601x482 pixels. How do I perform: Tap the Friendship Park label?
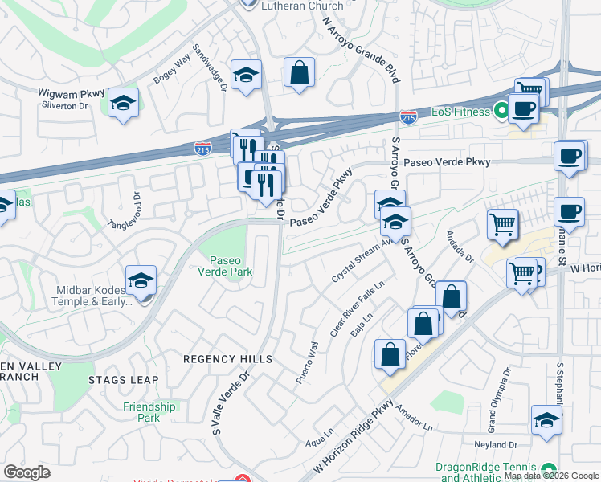pyautogui.click(x=149, y=412)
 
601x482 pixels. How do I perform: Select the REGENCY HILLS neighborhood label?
pyautogui.click(x=227, y=359)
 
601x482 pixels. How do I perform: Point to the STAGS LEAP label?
pyautogui.click(x=123, y=379)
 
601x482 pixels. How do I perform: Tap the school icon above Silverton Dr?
pyautogui.click(x=123, y=104)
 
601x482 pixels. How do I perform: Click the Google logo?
pyautogui.click(x=27, y=472)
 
